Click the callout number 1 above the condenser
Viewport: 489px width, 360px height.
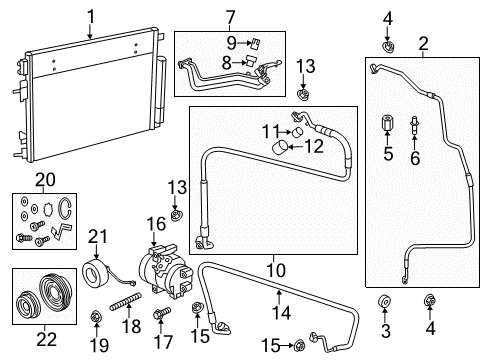90,15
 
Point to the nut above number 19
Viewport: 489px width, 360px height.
96,317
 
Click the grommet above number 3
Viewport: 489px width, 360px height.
385,303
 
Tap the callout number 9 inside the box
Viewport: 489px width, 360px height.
229,42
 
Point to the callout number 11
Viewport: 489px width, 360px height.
268,131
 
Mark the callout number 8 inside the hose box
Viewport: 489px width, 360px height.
228,61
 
